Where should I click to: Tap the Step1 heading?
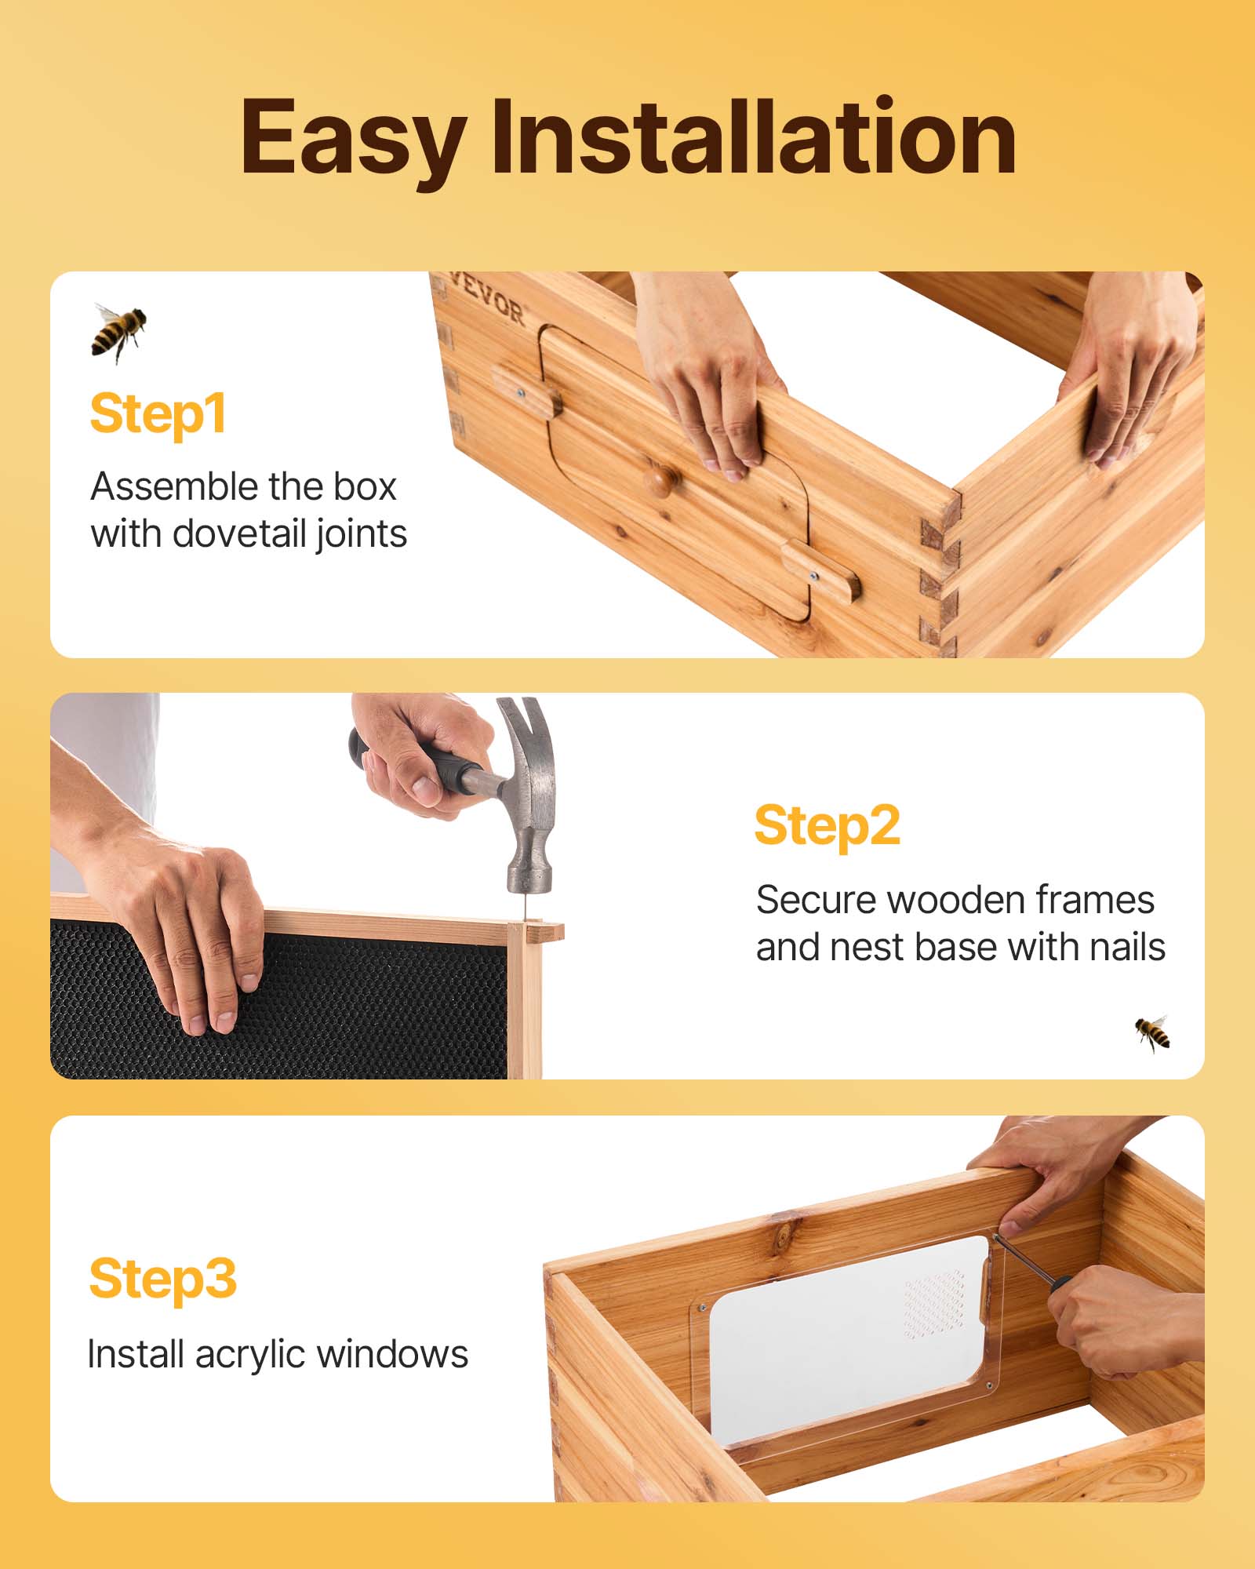click(158, 413)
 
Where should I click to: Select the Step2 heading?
click(827, 825)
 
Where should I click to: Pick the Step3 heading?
click(162, 1279)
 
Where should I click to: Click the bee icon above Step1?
click(118, 331)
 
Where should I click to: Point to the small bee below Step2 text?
click(1152, 1032)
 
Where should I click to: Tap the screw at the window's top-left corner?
click(702, 1308)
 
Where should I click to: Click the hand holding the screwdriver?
click(1114, 1326)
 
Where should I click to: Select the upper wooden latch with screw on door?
click(526, 391)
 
